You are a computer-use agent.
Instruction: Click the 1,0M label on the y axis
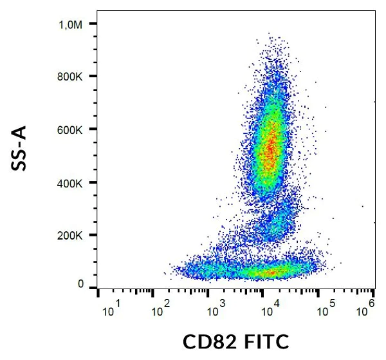coord(71,24)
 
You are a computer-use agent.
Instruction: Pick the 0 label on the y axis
coord(80,284)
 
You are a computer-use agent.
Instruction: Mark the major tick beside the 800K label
coord(93,76)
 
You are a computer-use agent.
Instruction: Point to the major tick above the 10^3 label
coord(208,293)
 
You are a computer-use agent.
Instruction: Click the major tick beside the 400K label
coord(93,182)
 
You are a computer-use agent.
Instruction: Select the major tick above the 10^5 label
coord(318,293)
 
